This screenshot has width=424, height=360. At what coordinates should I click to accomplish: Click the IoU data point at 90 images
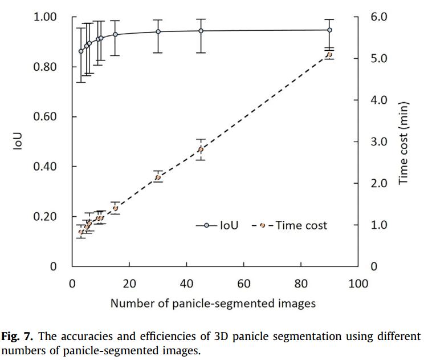pos(329,30)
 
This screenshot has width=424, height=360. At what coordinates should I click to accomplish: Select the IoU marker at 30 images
pos(158,31)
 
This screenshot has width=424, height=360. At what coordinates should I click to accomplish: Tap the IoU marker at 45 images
pos(201,31)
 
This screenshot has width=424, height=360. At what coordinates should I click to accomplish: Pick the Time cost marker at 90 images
pos(329,55)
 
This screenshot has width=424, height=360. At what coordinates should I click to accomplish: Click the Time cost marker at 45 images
pos(201,149)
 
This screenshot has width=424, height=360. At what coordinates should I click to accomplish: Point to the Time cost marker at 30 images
pos(158,177)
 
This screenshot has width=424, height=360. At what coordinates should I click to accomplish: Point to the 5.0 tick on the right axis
pos(379,58)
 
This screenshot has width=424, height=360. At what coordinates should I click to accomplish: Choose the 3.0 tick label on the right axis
pos(379,141)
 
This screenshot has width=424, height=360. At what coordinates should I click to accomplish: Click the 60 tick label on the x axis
pos(244,284)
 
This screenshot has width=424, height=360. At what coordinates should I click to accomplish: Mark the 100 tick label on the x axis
pos(358,284)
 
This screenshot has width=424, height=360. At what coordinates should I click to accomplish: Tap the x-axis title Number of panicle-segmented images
pos(213,303)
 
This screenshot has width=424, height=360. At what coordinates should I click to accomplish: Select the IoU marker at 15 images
pos(115,34)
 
